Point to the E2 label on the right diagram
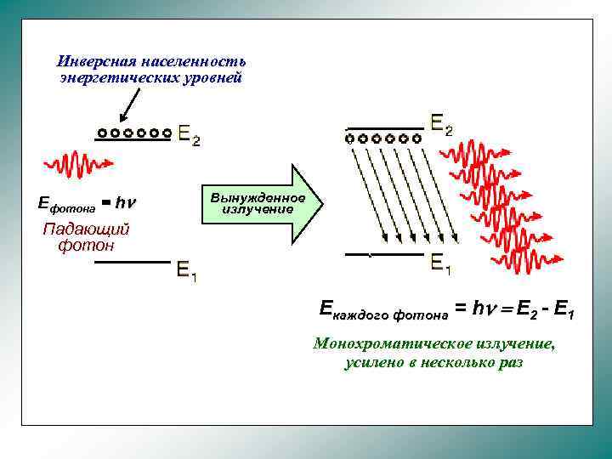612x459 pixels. (442, 126)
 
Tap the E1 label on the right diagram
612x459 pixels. (441, 263)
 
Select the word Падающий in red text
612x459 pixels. (86, 229)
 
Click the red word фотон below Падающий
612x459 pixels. (86, 246)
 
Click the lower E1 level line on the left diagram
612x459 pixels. (132, 263)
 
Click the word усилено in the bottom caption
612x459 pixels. (372, 362)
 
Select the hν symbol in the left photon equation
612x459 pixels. (126, 202)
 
